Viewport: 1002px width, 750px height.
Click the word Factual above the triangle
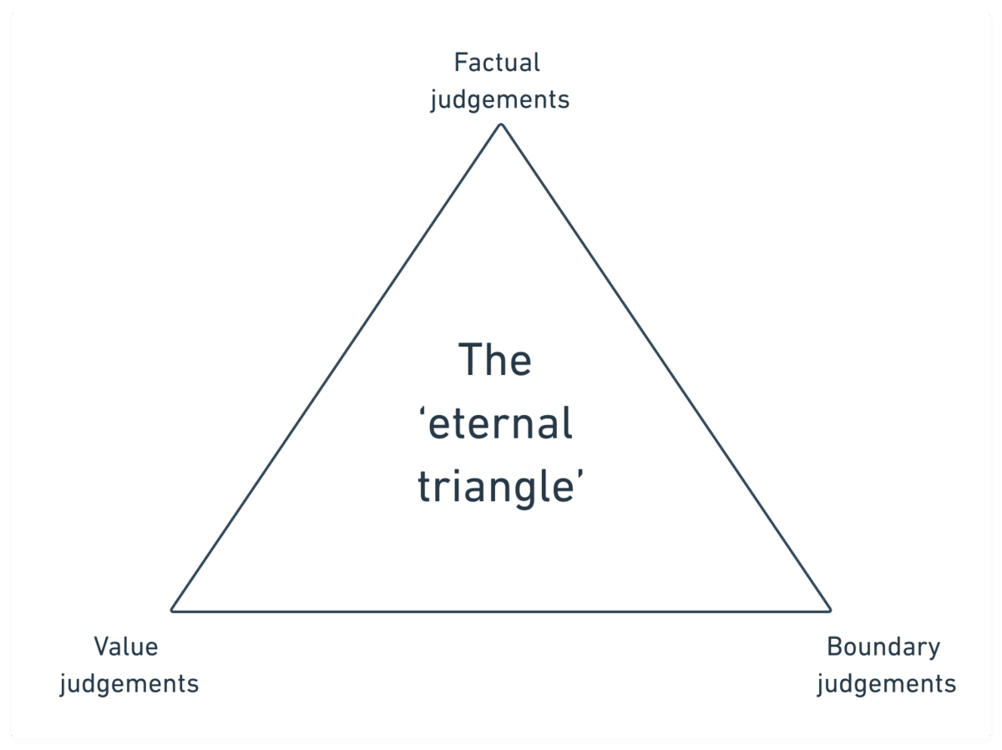[x=497, y=63]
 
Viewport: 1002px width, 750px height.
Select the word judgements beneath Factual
[x=499, y=100]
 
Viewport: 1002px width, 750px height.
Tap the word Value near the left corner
[x=125, y=646]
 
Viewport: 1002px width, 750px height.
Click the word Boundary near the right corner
[x=883, y=646]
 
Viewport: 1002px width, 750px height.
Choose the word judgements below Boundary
[x=886, y=684]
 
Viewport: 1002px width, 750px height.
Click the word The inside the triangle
[x=495, y=362]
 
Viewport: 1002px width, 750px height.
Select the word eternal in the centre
[x=502, y=424]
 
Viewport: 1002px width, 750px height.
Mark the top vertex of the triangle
[x=501, y=124]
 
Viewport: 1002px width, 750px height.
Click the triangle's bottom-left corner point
[x=172, y=611]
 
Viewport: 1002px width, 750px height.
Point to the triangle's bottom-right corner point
[x=830, y=611]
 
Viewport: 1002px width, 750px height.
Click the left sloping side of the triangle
[x=337, y=367]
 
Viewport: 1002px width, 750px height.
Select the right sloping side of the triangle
[x=665, y=367]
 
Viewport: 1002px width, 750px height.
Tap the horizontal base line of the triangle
[x=501, y=611]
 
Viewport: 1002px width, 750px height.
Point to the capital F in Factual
[x=460, y=63]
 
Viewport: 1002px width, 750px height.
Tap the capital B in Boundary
[x=833, y=646]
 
